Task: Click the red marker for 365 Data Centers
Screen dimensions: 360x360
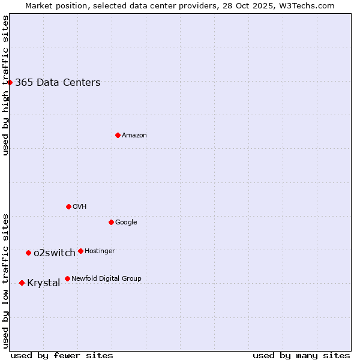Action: point(10,82)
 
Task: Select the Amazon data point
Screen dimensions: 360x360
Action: point(118,135)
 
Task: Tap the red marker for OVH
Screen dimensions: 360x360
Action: point(68,206)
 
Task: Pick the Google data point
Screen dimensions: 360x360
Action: point(111,222)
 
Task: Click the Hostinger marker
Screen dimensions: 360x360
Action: point(80,251)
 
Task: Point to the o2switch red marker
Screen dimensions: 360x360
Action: point(28,253)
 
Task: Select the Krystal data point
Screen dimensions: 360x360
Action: point(22,283)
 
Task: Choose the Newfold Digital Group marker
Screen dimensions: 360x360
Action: point(67,278)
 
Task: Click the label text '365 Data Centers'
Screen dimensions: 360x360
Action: point(58,83)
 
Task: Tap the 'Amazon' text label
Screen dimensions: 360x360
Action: point(134,136)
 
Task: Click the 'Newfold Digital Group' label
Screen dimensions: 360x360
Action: point(106,278)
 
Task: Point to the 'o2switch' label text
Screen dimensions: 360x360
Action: point(55,253)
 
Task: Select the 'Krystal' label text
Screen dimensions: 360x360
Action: point(44,283)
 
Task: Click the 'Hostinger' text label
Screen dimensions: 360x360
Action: point(100,251)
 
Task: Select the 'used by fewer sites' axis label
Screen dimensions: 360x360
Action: point(62,355)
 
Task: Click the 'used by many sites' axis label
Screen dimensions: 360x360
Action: point(301,355)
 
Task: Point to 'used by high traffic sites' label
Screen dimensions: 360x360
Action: point(5,85)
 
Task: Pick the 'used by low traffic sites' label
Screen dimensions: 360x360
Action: point(5,281)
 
